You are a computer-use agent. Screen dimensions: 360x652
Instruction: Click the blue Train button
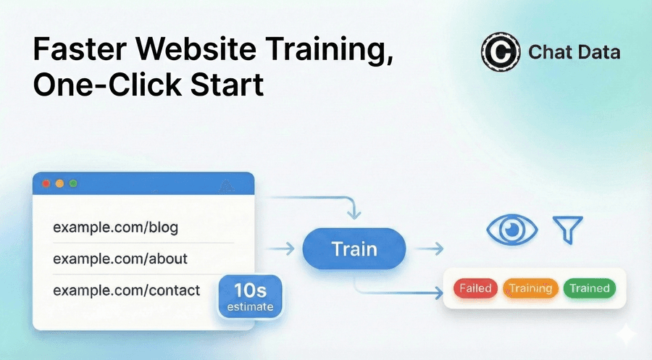354,249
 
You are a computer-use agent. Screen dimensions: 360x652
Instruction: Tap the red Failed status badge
475,288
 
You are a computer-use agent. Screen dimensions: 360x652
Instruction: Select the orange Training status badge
530,288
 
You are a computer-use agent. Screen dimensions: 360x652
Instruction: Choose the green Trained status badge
589,288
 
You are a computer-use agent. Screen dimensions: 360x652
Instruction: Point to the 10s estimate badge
249,296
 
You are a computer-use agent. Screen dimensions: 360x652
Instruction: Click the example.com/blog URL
115,228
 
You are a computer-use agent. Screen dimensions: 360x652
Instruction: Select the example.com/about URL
120,259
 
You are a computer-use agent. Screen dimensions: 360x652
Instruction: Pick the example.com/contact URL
126,290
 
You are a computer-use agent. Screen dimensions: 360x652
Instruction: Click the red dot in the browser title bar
46,184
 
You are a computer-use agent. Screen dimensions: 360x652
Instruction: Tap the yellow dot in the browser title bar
59,184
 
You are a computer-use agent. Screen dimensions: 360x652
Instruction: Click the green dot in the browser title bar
73,184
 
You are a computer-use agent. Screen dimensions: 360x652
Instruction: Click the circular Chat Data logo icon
500,53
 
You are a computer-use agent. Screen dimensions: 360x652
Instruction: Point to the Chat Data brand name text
574,53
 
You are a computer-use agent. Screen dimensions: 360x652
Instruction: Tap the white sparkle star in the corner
624,333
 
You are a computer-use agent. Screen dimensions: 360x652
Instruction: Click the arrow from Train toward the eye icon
430,249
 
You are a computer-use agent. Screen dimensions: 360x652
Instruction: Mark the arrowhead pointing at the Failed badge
438,293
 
